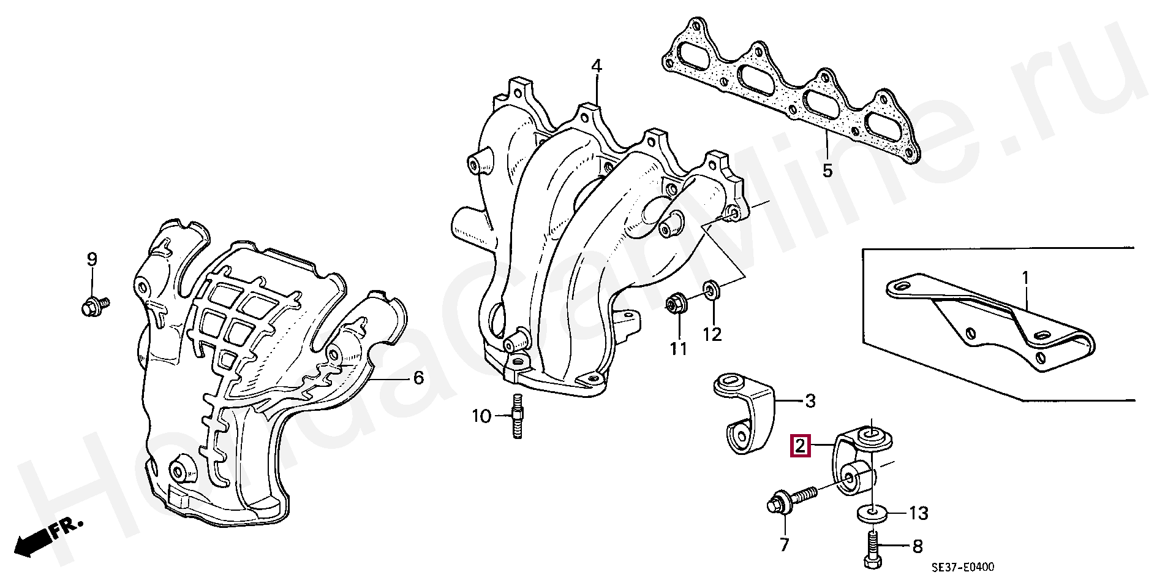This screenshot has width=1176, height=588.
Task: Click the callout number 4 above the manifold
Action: click(x=596, y=66)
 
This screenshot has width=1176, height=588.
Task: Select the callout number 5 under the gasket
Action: click(x=827, y=169)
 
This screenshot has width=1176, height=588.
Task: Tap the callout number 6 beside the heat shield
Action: click(x=418, y=378)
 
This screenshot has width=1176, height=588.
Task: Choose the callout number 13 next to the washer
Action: click(x=919, y=513)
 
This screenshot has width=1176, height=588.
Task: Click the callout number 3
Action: click(x=810, y=402)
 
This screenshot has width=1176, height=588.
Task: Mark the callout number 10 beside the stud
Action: click(x=481, y=417)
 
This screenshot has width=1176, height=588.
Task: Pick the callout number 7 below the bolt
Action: click(x=784, y=544)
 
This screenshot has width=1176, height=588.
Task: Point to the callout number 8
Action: click(x=917, y=546)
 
